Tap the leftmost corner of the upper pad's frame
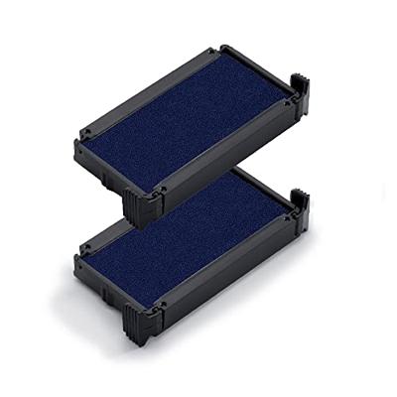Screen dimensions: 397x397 [x=75, y=145]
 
